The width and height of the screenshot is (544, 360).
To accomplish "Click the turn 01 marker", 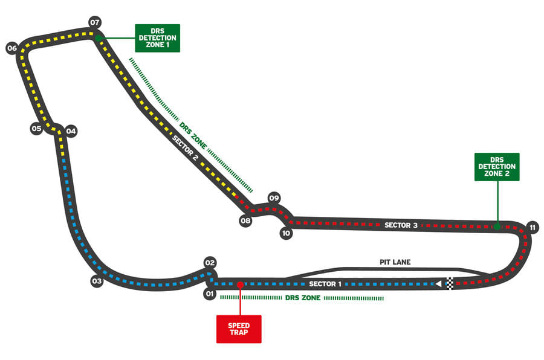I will pos(210,294).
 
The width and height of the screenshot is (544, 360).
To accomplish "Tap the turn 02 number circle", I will pos(210,263).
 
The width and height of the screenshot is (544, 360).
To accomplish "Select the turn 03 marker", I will pos(97,281).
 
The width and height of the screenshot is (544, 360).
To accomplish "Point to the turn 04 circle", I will pos(71,130).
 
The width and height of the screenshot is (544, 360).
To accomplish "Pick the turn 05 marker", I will pos(36,129).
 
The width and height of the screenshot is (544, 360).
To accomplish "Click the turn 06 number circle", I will pos(11,48).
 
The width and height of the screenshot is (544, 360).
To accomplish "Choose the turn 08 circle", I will pos(245,221).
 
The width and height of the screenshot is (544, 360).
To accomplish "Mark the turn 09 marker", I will pos(274,198).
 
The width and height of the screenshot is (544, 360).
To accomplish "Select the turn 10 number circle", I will pos(286,233).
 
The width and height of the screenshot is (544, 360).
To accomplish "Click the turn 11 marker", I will pos(532,228).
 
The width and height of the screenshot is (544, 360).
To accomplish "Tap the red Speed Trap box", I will pos(239,329).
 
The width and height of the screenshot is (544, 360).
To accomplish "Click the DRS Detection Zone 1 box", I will pos(157,38).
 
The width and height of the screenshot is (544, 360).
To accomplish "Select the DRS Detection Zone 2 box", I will pos(497,167).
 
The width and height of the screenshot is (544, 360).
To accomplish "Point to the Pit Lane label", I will pos(395,262).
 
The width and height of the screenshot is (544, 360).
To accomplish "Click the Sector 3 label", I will pos(401,225).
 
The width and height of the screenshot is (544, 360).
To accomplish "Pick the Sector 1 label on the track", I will pos(325,284).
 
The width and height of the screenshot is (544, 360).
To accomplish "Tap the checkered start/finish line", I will pos(450,283).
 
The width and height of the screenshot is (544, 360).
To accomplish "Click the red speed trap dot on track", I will pos(240,284).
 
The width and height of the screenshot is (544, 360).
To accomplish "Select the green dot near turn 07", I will pos(98,37).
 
